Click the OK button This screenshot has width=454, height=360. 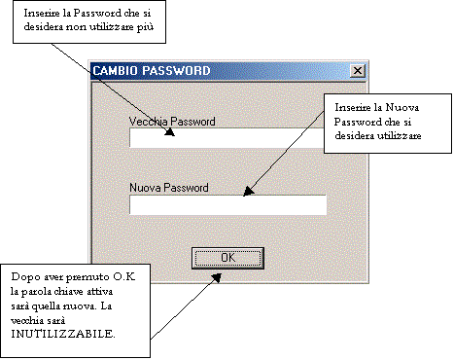click(227, 258)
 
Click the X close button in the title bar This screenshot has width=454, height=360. click(358, 71)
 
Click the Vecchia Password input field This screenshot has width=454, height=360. click(227, 138)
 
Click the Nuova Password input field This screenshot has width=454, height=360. click(227, 204)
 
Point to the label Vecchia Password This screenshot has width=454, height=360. click(172, 122)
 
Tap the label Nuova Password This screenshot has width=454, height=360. click(169, 188)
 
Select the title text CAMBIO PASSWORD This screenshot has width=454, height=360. click(152, 71)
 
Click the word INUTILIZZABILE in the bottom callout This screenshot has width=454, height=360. click(63, 334)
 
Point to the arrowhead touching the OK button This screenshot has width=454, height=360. click(217, 277)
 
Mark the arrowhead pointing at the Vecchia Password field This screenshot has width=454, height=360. click(170, 131)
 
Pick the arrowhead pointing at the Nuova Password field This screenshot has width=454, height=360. click(248, 192)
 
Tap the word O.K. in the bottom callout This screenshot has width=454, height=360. click(124, 276)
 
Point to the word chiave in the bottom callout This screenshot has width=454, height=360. click(69, 292)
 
